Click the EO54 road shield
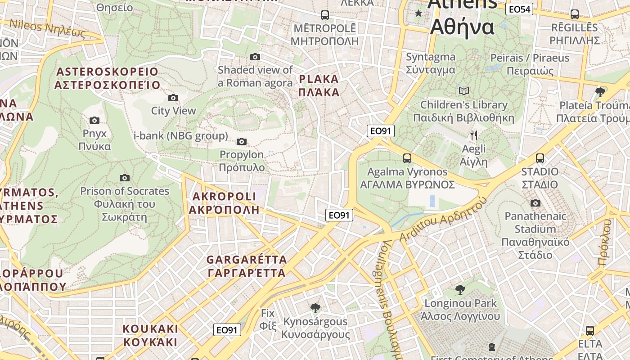click(x=519, y=9)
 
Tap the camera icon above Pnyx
click(x=94, y=120)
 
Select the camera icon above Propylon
click(x=242, y=142)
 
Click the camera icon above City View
click(x=173, y=98)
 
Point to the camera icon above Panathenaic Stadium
click(x=535, y=203)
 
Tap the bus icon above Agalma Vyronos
click(x=407, y=158)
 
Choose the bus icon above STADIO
click(x=540, y=158)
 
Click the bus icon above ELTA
click(x=590, y=331)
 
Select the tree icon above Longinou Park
click(x=460, y=289)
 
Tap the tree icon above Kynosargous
click(x=315, y=308)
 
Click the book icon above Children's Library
click(x=464, y=91)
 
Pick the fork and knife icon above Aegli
click(x=474, y=135)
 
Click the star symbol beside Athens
click(x=419, y=13)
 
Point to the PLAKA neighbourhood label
click(x=319, y=86)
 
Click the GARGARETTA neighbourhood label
click(x=247, y=266)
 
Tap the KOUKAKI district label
click(x=150, y=335)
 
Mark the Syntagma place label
click(x=431, y=63)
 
